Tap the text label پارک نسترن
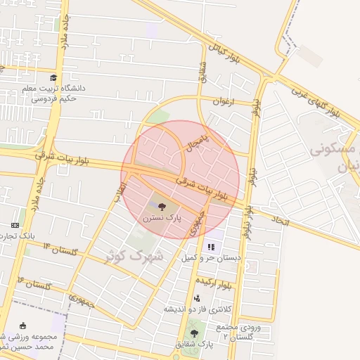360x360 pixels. point(162,219)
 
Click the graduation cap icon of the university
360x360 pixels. point(53,77)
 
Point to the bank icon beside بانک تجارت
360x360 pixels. point(15,224)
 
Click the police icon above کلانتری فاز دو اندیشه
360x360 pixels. point(196,298)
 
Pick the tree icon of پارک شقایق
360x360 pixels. point(194,333)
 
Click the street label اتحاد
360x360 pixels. point(279,220)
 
